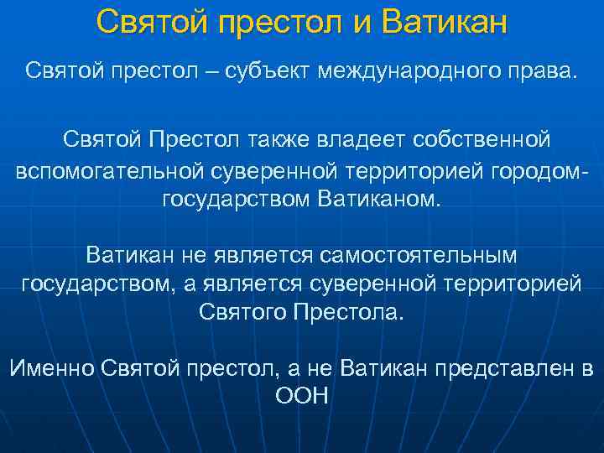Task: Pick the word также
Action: coord(279,138)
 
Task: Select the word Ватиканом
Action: coord(379,200)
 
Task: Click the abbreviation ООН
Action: coord(301,396)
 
